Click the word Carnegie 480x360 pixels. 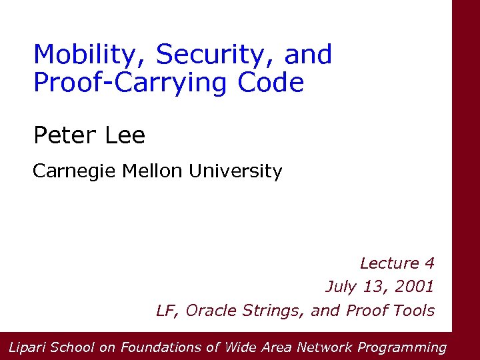pyautogui.click(x=75, y=172)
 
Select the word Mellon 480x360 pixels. pyautogui.click(x=153, y=171)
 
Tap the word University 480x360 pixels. pyautogui.click(x=235, y=172)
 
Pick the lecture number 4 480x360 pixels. pyautogui.click(x=429, y=263)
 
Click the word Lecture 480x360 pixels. pyautogui.click(x=389, y=263)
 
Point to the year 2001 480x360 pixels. pyautogui.click(x=413, y=287)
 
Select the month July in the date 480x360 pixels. pyautogui.click(x=341, y=287)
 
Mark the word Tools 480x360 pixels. pyautogui.click(x=414, y=311)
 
